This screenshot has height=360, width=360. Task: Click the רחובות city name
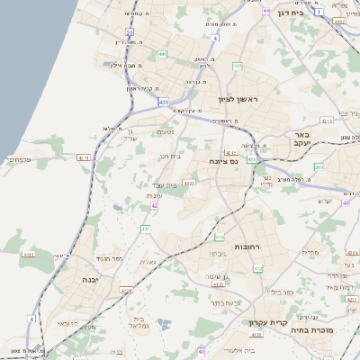click(246, 245)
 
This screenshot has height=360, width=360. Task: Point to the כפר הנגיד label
click(105, 258)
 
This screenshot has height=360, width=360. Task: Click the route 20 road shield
click(130, 31)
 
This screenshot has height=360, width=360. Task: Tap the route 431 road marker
click(163, 103)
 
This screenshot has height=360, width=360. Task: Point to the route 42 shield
click(155, 205)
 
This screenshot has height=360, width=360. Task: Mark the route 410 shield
click(220, 237)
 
